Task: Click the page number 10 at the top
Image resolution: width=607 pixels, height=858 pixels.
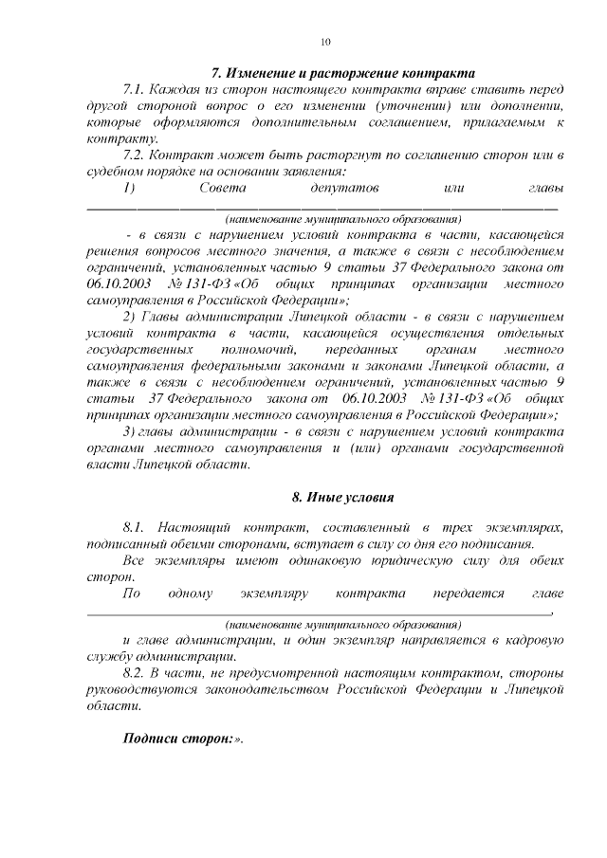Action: pos(325,43)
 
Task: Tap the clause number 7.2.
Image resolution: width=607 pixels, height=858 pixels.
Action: pos(137,155)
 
